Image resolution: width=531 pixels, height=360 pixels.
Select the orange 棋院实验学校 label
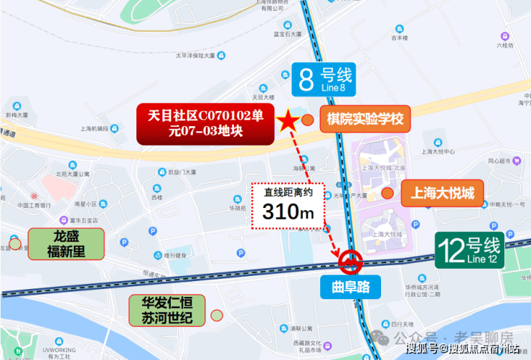365,119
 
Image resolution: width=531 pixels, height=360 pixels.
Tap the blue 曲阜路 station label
351,288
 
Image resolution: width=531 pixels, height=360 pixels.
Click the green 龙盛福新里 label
66,244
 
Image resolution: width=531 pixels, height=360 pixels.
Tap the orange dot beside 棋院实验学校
308,120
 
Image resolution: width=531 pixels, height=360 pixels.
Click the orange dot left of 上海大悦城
387,192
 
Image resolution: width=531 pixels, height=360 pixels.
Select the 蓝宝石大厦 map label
269,33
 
